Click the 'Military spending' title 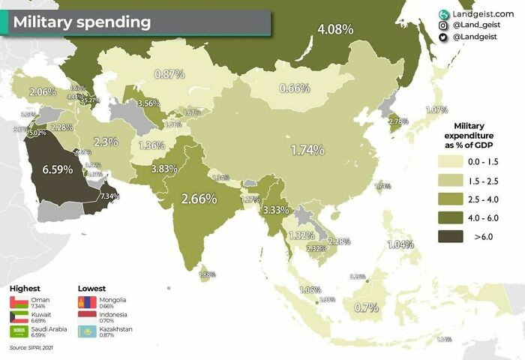81,22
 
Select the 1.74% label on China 307,150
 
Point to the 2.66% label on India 199,199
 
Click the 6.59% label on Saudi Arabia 58,169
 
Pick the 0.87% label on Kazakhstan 169,74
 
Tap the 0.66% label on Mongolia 295,88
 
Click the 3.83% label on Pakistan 163,169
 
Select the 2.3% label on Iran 106,142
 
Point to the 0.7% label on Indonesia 365,307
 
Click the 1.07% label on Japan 436,109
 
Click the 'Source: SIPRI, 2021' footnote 31,348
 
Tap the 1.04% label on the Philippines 400,244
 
